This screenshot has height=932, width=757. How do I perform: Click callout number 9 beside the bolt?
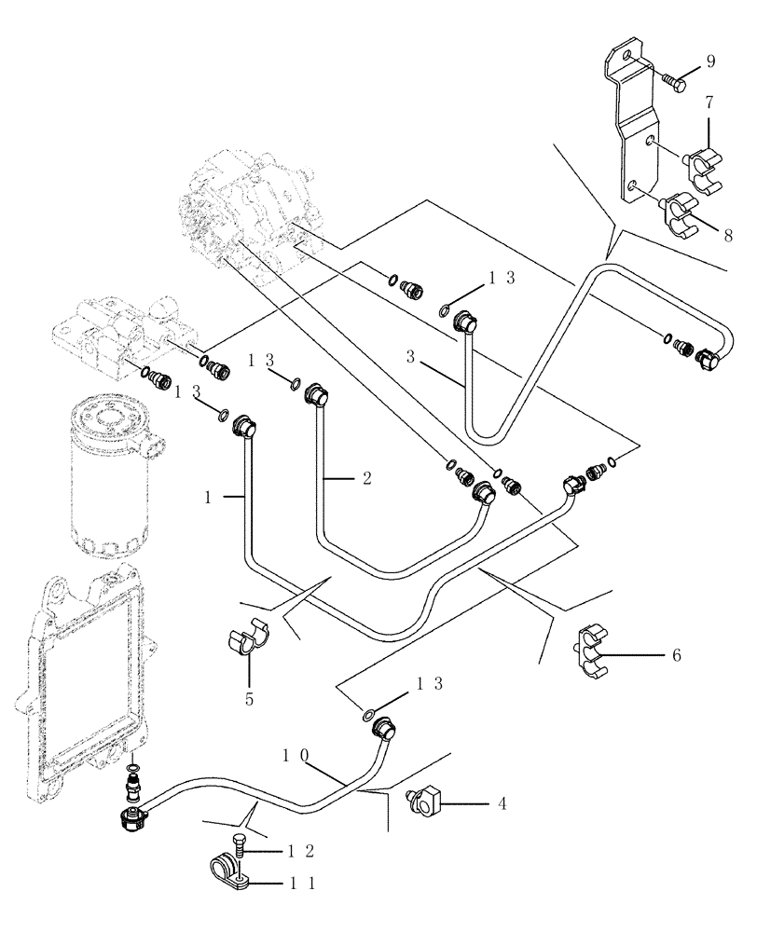[710, 62]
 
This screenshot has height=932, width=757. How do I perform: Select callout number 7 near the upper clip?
[709, 100]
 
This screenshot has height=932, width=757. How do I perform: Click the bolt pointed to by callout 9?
[675, 83]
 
